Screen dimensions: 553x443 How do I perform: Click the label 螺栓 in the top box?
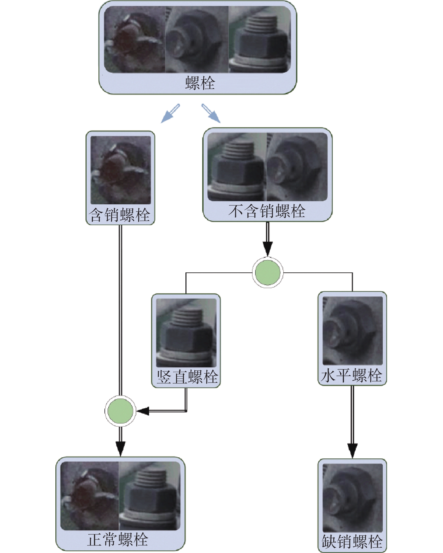[200, 83]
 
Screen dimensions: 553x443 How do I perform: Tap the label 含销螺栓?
[120, 215]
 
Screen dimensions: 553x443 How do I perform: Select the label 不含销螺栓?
[267, 211]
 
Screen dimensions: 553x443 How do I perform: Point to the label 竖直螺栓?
[187, 377]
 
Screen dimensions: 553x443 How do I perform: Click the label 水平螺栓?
[352, 375]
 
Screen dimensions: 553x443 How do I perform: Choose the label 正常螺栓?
[118, 539]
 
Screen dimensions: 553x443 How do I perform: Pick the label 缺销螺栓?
[352, 541]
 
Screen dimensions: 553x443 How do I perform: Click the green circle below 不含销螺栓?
[267, 272]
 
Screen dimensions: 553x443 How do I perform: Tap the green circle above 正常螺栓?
[120, 411]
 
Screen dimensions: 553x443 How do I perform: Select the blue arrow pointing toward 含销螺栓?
[170, 114]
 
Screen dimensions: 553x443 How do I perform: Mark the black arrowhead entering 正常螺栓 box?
[120, 449]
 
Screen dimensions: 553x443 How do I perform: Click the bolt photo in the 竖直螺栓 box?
[186, 332]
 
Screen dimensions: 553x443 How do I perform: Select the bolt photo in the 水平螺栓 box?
[353, 331]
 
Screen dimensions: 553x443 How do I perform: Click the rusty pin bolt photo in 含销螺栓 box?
[121, 170]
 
